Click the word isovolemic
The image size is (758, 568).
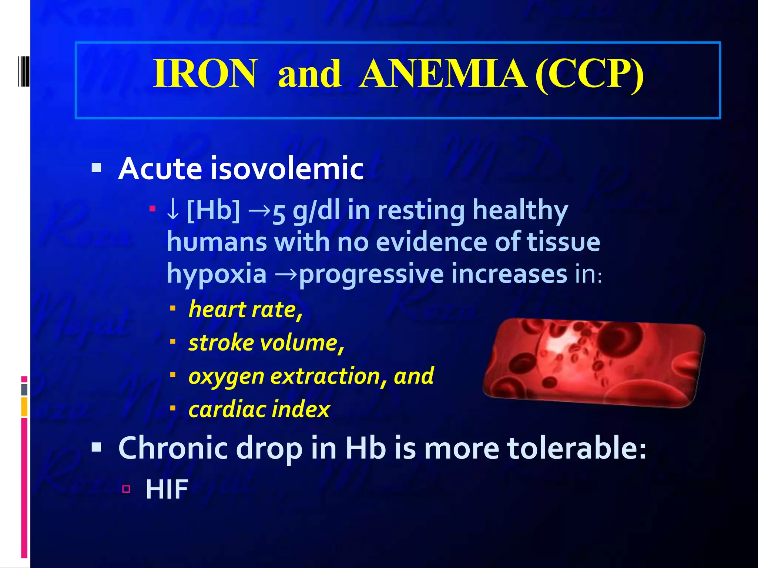(x=287, y=168)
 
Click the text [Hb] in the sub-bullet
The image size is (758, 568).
(x=213, y=210)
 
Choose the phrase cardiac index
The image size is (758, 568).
(x=259, y=409)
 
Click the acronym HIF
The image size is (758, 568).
(x=167, y=489)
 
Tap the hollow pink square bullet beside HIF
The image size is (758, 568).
(x=126, y=489)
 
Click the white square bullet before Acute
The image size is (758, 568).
(x=96, y=168)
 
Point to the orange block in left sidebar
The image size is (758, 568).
(x=24, y=407)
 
